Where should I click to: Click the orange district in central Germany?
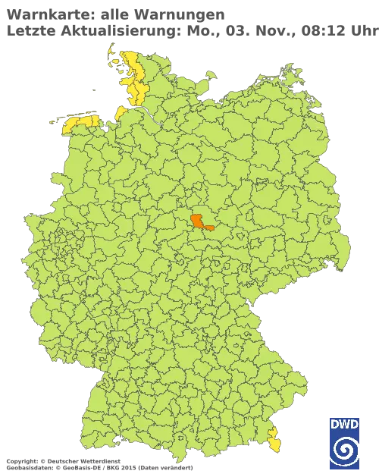point(200,221)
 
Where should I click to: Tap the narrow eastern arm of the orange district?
point(212,227)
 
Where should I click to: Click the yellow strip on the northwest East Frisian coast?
point(80,121)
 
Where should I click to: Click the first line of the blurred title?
point(114,14)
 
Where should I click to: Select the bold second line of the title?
point(114,28)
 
